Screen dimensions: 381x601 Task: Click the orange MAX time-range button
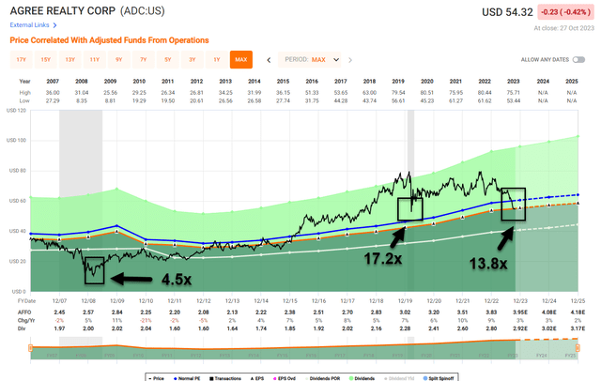click(241, 59)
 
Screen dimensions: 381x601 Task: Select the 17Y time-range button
click(22, 59)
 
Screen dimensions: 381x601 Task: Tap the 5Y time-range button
click(168, 59)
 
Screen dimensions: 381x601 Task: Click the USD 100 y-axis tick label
click(16, 140)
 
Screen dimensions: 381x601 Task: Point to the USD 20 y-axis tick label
click(16, 261)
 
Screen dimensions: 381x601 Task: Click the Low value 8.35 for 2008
click(84, 99)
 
